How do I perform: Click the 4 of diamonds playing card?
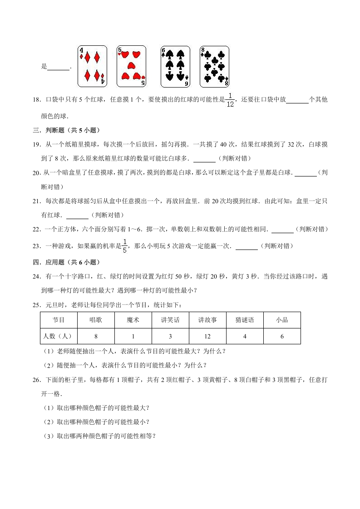[92, 66]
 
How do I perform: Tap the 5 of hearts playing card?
[131, 66]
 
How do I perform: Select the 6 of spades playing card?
[175, 66]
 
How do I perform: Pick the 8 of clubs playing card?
[214, 66]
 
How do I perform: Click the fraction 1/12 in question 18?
[230, 100]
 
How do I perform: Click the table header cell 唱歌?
[96, 320]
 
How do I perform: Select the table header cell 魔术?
[133, 320]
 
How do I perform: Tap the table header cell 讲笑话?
[170, 320]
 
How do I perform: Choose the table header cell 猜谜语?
[245, 320]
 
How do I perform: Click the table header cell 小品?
[282, 320]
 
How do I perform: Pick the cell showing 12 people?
[207, 336]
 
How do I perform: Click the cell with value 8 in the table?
[96, 336]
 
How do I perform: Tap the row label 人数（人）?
[59, 336]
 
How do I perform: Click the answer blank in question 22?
[282, 230]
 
